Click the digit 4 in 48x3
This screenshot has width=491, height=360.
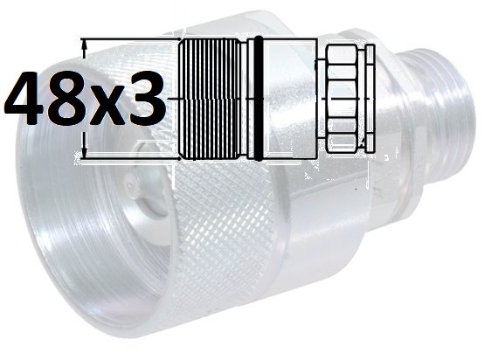tap(26, 98)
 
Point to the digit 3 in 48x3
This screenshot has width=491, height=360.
tap(146, 98)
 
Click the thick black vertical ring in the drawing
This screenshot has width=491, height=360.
tap(259, 99)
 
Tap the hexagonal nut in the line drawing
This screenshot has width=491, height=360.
tap(342, 99)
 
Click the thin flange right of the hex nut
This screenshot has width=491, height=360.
tap(370, 99)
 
